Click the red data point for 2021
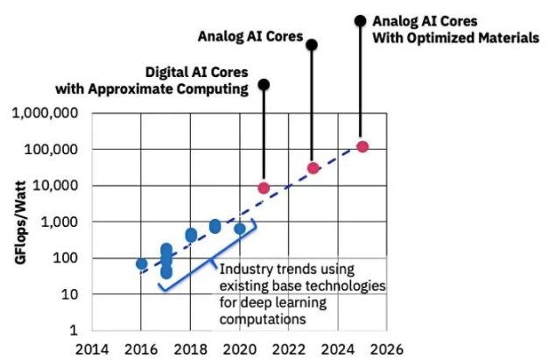tap(264, 187)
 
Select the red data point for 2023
tap(313, 167)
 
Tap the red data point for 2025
tap(362, 146)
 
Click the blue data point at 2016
tap(141, 263)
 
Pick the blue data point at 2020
tap(240, 229)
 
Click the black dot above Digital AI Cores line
tap(264, 85)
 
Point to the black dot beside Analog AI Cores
tap(313, 44)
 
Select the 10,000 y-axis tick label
tap(56, 186)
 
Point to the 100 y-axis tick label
tap(66, 258)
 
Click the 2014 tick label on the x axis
tap(92, 349)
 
